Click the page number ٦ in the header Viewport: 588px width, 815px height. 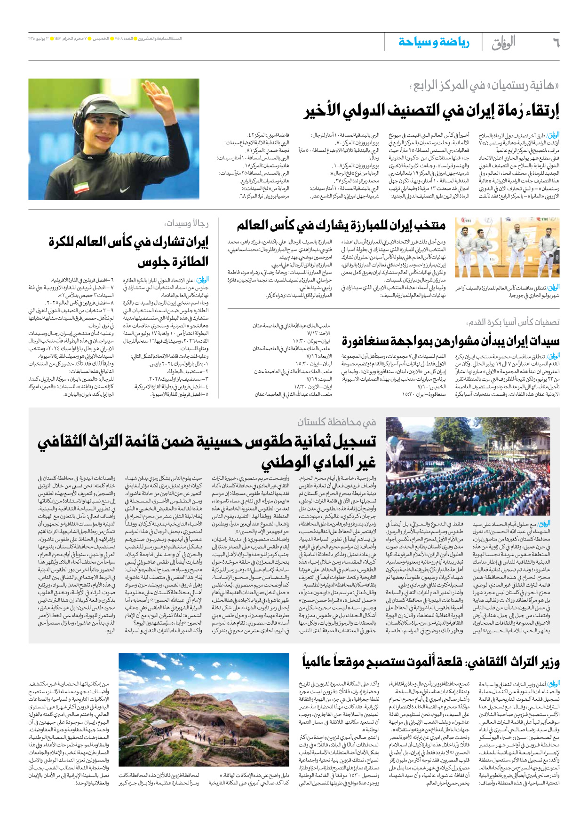556,43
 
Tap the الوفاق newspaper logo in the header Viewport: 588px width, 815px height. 503,43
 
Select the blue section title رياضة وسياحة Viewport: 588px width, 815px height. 434,43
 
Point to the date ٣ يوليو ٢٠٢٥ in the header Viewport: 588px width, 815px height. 41,39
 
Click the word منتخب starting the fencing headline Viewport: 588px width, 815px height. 428,226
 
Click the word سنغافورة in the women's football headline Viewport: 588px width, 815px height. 367,340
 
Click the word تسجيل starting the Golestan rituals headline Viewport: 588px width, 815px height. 352,441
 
